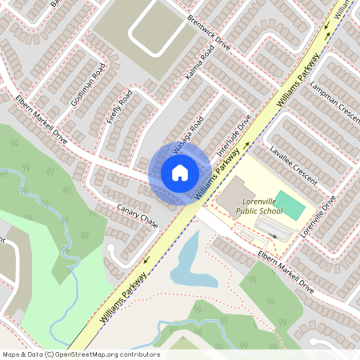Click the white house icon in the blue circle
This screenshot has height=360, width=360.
(x=179, y=172)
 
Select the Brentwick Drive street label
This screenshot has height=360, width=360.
(x=209, y=32)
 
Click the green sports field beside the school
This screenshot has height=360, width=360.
(x=292, y=208)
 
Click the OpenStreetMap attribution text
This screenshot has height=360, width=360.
(x=81, y=354)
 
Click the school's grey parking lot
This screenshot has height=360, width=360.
(x=271, y=230)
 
